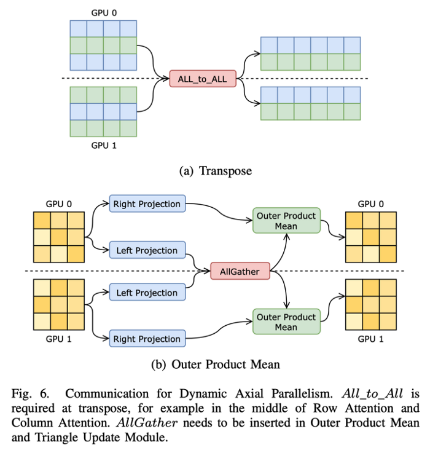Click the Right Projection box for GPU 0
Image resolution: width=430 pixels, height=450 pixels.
147,204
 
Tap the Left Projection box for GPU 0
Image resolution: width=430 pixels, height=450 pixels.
147,250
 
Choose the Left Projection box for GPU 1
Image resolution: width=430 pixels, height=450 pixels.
147,293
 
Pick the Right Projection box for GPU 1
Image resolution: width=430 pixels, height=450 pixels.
147,339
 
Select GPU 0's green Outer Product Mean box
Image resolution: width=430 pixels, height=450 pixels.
286,221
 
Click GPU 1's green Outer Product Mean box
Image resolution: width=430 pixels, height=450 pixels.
286,322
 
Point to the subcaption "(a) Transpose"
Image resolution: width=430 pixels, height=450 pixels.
215,172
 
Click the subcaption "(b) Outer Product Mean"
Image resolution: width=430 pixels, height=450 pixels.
215,365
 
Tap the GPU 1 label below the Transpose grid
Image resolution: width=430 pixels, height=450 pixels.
102,146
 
